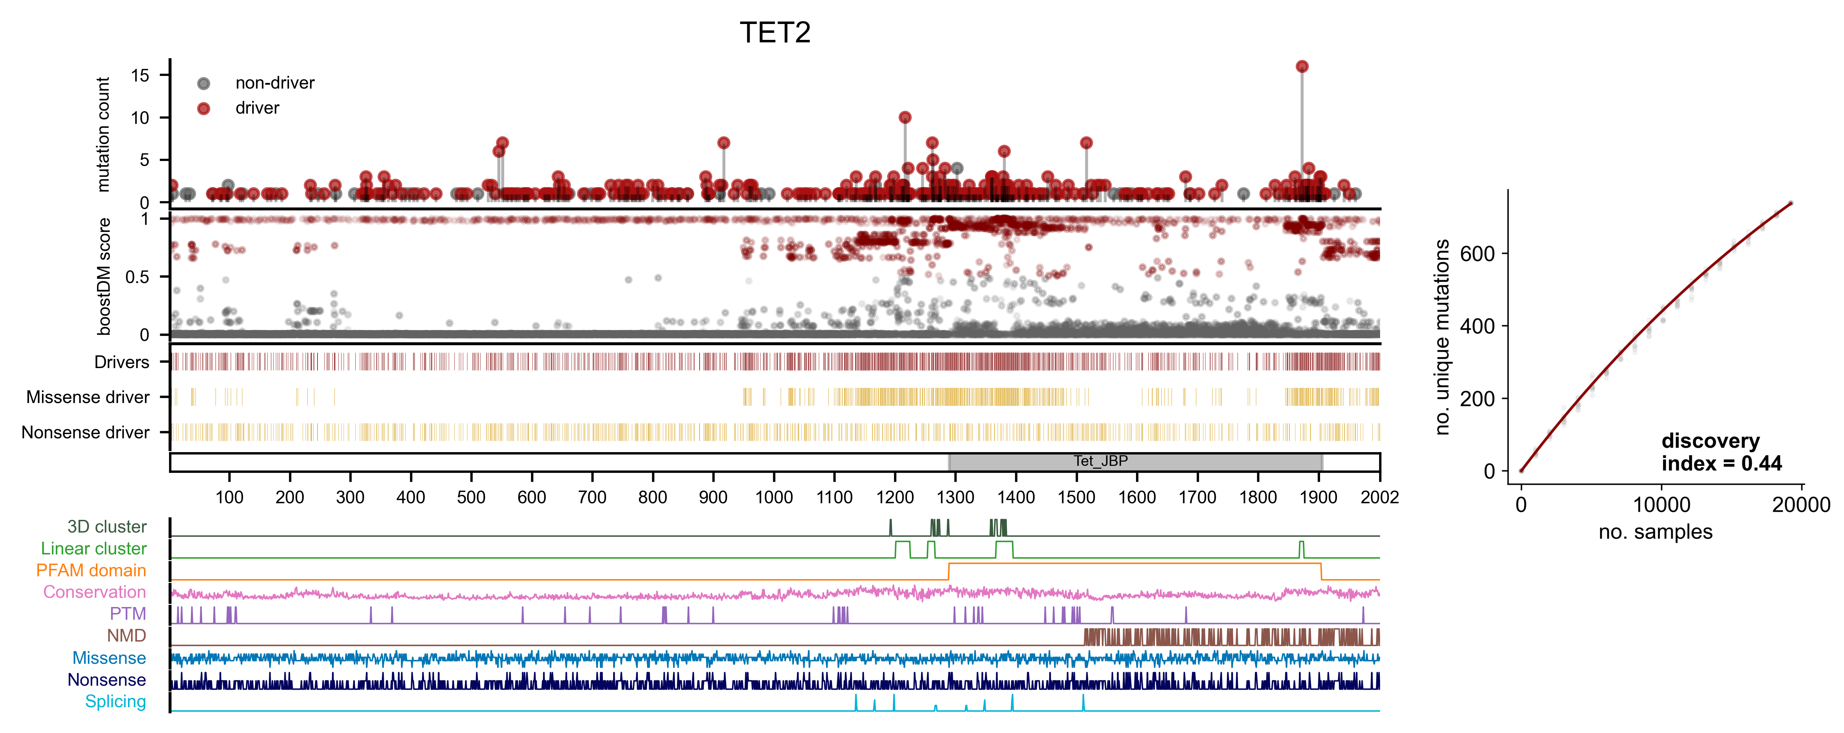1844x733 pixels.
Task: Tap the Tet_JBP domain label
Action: click(1100, 461)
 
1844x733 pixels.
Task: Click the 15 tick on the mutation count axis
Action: click(140, 75)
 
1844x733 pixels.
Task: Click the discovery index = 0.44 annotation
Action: click(1721, 452)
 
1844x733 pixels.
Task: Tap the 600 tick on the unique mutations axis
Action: click(1477, 253)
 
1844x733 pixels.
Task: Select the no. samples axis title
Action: click(1655, 532)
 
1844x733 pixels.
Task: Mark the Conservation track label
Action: click(95, 592)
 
